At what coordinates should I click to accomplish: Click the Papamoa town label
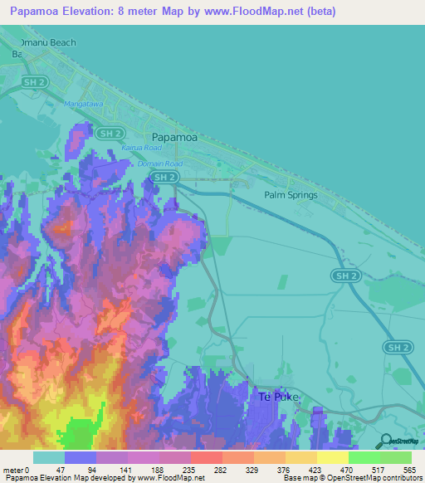(174, 138)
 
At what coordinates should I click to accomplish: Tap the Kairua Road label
(140, 148)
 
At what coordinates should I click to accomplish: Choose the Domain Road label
(159, 164)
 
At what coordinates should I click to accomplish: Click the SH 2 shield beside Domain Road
(166, 178)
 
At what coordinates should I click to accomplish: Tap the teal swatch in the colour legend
(49, 457)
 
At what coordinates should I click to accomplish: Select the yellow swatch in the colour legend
(332, 457)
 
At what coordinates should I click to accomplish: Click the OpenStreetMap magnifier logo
(384, 442)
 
